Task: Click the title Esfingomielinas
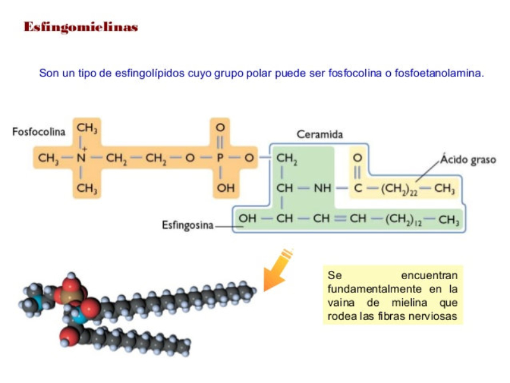point(81,27)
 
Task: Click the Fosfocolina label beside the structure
point(39,132)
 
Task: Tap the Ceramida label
point(319,134)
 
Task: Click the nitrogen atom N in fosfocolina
point(81,157)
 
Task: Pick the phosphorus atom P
point(221,157)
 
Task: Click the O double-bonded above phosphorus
point(221,127)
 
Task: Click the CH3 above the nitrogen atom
point(87,128)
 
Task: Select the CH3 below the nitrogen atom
point(87,188)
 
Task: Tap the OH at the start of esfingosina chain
point(247,220)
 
